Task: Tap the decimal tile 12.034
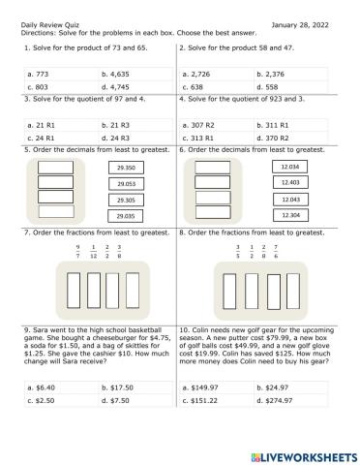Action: [x=287, y=167]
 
